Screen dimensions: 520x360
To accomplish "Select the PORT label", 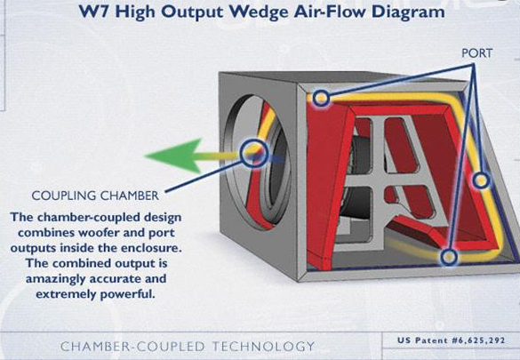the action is (x=476, y=53).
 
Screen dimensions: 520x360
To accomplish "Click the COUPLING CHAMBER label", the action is (x=95, y=196).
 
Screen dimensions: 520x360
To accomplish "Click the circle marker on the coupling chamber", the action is (x=254, y=153).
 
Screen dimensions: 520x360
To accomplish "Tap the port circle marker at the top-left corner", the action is (x=321, y=98).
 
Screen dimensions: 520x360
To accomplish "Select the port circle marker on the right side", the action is (x=481, y=180).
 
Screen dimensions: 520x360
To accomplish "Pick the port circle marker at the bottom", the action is (x=449, y=257).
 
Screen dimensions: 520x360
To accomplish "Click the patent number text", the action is (x=451, y=340).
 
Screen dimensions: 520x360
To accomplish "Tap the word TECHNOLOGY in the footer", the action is (x=263, y=347).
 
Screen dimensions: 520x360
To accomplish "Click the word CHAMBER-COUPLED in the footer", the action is (x=132, y=347).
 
